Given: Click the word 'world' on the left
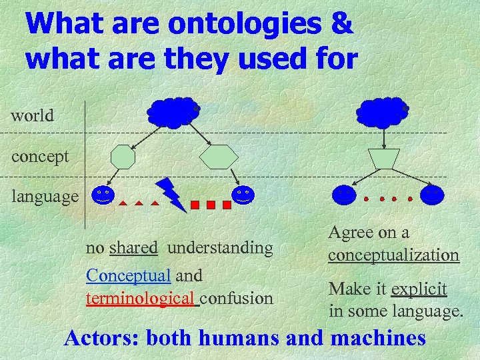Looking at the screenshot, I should [x=32, y=115].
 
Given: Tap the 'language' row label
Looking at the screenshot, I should [x=45, y=197].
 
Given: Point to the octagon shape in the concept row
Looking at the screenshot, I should [x=123, y=157].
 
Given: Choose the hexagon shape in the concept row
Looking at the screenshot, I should [x=219, y=157].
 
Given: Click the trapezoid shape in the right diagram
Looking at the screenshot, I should [x=384, y=159].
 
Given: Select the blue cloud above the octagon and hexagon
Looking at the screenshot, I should [x=173, y=112].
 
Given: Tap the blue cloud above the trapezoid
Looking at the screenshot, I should [x=382, y=112].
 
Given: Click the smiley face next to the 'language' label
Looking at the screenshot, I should [x=102, y=195].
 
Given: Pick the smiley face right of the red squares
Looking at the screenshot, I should [x=243, y=195].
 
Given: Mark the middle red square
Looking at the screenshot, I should [x=211, y=205].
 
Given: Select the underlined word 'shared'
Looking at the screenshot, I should [x=133, y=248].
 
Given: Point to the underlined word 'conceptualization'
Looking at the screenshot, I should [x=393, y=255].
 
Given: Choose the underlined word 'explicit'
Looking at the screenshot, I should [x=419, y=289].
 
